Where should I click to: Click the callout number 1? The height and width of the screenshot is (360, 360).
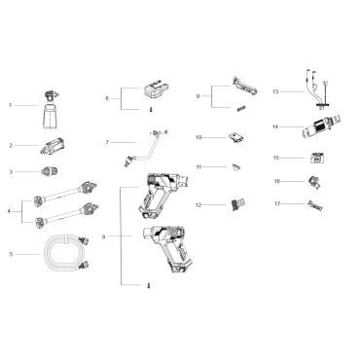pos(10,104)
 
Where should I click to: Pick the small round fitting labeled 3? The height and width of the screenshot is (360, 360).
pos(44,172)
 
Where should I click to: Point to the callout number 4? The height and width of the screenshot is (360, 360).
pos(10,210)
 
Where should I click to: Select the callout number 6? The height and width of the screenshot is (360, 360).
pos(107,99)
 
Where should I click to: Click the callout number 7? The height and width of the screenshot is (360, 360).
pos(107,143)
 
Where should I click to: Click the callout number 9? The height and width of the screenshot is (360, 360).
pos(198,95)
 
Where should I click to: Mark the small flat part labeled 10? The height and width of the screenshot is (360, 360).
pos(236,137)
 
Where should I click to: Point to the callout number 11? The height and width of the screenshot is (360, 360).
pos(198,167)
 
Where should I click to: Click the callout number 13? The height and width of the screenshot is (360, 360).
pos(276,91)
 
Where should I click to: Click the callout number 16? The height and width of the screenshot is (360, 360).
pos(276,181)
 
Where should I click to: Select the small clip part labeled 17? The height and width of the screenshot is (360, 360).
pos(314,205)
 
